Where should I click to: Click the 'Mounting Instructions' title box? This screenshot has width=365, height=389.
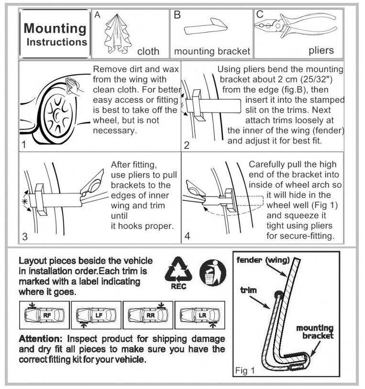[55, 34]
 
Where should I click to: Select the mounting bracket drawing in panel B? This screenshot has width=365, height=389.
[205, 26]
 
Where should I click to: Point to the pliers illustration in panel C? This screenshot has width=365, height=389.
[295, 25]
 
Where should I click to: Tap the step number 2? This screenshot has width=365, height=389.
[187, 145]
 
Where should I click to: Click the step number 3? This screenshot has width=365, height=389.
[25, 236]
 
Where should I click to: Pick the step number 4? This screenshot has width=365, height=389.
[187, 236]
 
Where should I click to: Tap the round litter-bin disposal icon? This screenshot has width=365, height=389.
[213, 273]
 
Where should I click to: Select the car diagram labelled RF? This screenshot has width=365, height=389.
[44, 315]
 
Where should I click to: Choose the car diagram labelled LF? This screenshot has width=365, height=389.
[96, 315]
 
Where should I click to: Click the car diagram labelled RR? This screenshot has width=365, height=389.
[148, 315]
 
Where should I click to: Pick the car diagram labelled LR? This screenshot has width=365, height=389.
[200, 315]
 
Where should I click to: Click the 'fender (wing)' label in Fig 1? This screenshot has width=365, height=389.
[263, 260]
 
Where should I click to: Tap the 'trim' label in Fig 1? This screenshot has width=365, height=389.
[248, 290]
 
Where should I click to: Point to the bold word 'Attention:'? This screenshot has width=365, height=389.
[41, 339]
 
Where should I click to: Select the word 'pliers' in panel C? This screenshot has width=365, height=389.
[321, 51]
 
